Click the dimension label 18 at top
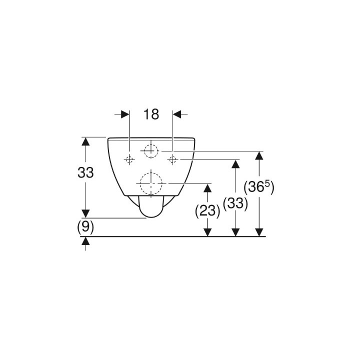tap(151, 114)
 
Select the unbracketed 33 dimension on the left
tap(85, 172)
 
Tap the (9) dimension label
tap(85, 228)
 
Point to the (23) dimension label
tap(207, 211)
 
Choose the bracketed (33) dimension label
tap(235, 203)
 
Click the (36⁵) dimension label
tap(259, 187)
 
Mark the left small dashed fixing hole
tap(129, 159)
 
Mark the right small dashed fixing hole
tap(172, 159)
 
